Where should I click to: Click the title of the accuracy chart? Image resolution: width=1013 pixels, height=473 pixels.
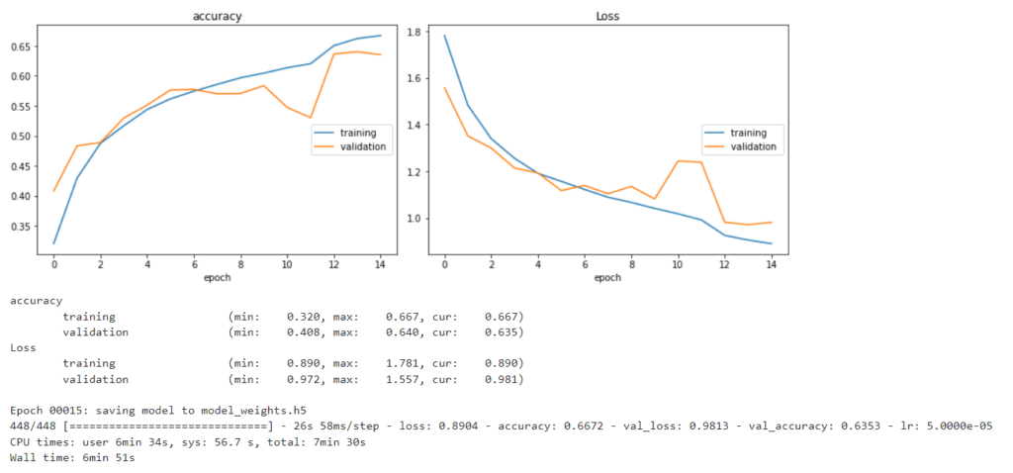click(x=217, y=16)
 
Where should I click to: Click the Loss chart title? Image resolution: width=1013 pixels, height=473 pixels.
click(x=607, y=16)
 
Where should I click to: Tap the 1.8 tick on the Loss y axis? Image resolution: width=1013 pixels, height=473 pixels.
click(x=416, y=33)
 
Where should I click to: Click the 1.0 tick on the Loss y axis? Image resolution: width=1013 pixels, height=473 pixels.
click(x=416, y=219)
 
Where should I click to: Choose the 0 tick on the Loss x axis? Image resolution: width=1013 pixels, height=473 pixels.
click(x=445, y=265)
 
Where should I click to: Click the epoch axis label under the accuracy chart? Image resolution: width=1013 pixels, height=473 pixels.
click(x=217, y=278)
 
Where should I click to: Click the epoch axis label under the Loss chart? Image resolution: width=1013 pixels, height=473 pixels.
click(x=607, y=278)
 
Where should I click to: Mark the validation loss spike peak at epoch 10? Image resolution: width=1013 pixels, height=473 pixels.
click(x=678, y=160)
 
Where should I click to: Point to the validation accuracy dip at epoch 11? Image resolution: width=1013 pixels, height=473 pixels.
click(x=311, y=118)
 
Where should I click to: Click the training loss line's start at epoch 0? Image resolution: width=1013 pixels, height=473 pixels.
click(x=445, y=37)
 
